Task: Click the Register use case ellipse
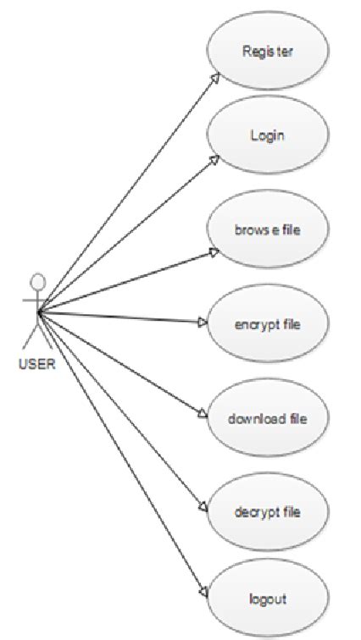(266, 51)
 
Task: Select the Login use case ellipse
(266, 135)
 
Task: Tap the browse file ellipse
(266, 229)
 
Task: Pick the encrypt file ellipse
(266, 323)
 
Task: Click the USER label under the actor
(36, 366)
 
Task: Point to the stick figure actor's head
(36, 281)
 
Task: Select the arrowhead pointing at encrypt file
(203, 323)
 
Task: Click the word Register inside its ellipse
(266, 51)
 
